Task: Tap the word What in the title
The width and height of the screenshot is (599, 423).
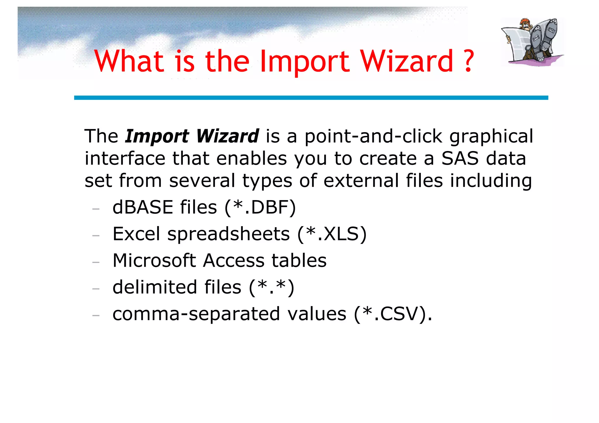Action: click(x=129, y=61)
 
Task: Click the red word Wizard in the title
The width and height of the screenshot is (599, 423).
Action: click(x=407, y=61)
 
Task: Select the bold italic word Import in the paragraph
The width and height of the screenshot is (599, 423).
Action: click(x=157, y=136)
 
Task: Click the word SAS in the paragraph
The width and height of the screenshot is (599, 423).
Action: click(x=460, y=158)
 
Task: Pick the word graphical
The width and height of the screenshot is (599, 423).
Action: click(x=491, y=137)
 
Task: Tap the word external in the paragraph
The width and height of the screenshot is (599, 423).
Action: click(x=361, y=181)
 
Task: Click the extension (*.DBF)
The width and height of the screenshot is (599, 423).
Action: click(x=260, y=207)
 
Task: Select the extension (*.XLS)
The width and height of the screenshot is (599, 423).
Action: click(x=332, y=234)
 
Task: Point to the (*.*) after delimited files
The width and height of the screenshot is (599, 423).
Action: click(x=271, y=287)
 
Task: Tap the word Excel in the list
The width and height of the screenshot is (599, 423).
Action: click(x=136, y=234)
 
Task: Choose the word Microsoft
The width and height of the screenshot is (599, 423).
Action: click(x=154, y=261)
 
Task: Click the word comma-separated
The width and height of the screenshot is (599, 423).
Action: click(x=196, y=314)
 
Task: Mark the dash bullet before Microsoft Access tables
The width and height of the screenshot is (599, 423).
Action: click(x=96, y=262)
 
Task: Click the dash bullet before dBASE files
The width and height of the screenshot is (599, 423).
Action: click(x=96, y=209)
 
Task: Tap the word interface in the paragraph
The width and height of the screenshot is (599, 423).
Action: click(x=125, y=158)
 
